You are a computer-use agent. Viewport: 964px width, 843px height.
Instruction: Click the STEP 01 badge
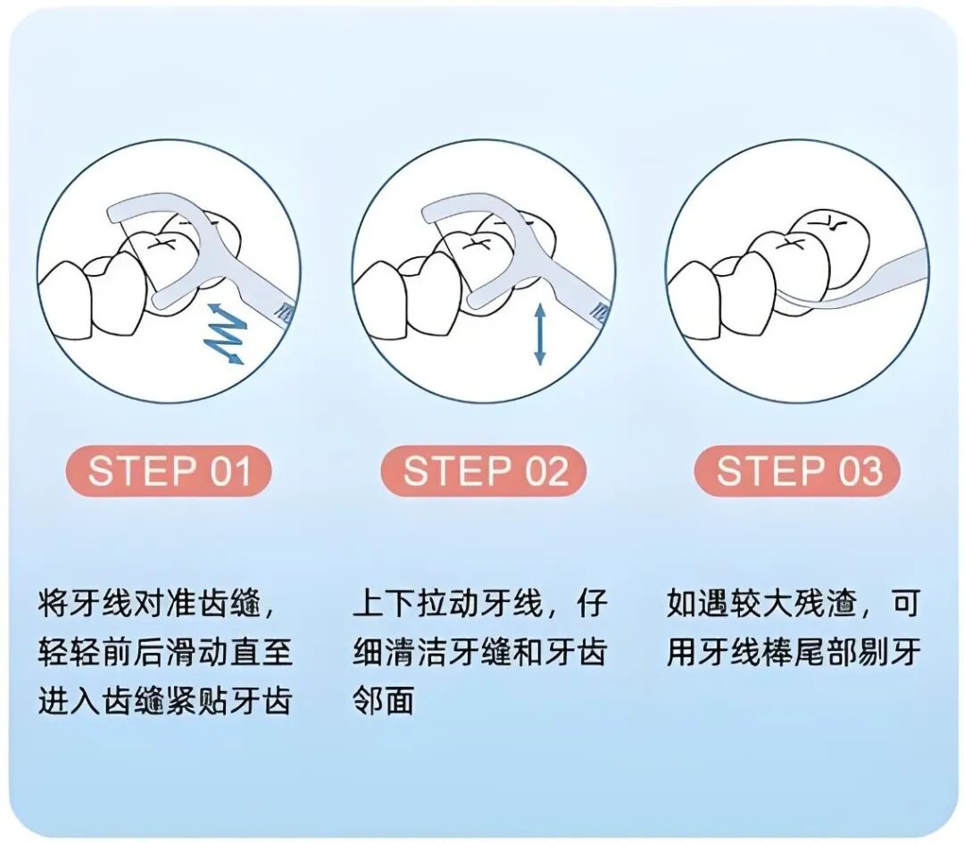168,471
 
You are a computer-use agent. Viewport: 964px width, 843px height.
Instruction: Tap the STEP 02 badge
484,471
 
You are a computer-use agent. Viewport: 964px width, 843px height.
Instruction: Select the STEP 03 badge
797,471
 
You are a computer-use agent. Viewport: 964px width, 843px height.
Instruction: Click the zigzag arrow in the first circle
225,332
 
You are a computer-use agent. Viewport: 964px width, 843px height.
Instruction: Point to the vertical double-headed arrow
539,334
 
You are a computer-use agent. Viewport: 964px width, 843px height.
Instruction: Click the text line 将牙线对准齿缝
156,604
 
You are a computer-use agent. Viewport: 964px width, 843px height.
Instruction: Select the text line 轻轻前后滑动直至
165,652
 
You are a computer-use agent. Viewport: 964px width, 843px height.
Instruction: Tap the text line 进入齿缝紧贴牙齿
165,700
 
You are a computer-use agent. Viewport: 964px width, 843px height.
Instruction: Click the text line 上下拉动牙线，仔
480,604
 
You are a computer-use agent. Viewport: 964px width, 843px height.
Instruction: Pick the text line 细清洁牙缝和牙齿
480,652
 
